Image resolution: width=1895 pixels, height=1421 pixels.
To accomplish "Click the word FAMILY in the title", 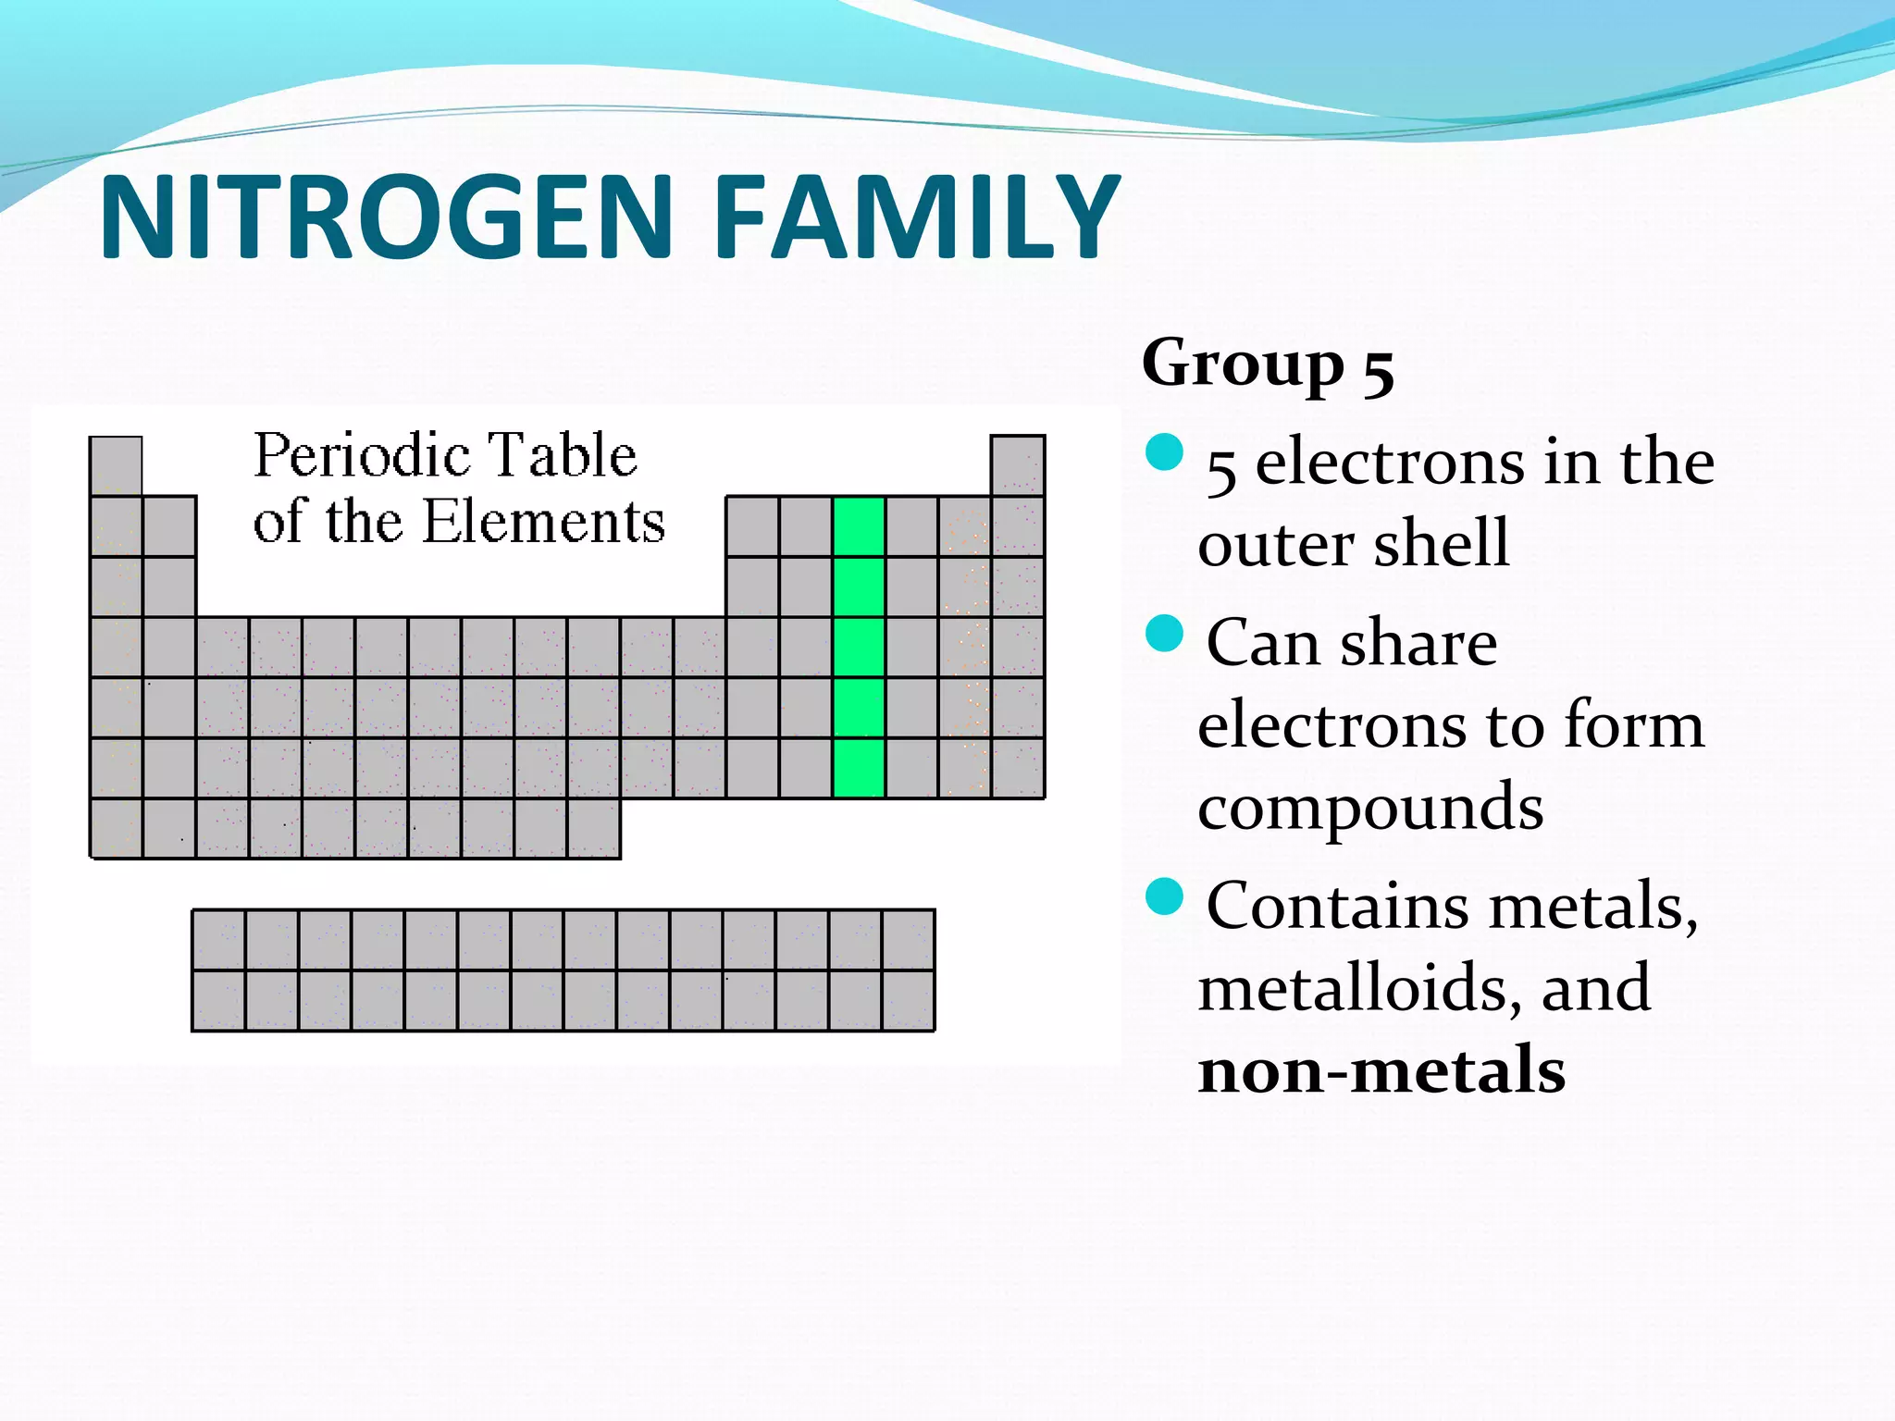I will pyautogui.click(x=916, y=218).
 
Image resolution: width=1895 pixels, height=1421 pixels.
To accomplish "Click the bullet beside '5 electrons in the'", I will pyautogui.click(x=1164, y=452).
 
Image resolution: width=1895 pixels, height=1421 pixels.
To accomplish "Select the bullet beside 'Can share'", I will pyautogui.click(x=1164, y=634).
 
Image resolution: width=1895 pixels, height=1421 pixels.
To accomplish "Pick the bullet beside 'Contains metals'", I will pyautogui.click(x=1164, y=896).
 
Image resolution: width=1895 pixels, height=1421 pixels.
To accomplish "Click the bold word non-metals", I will pyautogui.click(x=1381, y=1070).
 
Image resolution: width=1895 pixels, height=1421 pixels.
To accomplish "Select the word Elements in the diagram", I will pyautogui.click(x=543, y=522).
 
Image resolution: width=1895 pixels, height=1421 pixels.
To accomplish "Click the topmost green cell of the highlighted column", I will pyautogui.click(x=859, y=526).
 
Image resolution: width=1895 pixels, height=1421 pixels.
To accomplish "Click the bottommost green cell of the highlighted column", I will pyautogui.click(x=859, y=768).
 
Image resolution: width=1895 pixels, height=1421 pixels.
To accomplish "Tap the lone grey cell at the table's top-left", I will pyautogui.click(x=116, y=465).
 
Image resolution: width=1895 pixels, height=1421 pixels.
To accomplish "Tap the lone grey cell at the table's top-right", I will pyautogui.click(x=1018, y=465).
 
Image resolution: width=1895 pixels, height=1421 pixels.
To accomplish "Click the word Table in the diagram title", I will pyautogui.click(x=562, y=456).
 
